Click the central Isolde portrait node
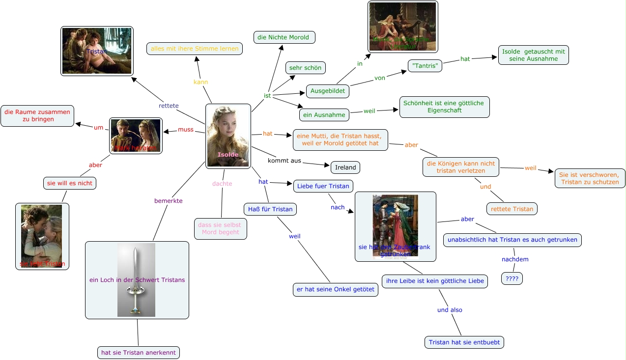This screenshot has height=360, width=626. pyautogui.click(x=228, y=136)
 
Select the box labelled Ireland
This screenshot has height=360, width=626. pyautogui.click(x=345, y=167)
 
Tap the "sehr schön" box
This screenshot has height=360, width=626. pyautogui.click(x=306, y=68)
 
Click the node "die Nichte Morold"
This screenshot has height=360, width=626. pyautogui.click(x=284, y=37)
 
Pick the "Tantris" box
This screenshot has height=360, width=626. pyautogui.click(x=425, y=66)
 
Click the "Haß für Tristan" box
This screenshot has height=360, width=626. pyautogui.click(x=270, y=209)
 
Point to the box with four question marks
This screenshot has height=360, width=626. pyautogui.click(x=512, y=279)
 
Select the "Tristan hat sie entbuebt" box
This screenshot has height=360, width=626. pyautogui.click(x=464, y=342)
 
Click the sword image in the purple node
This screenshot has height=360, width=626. pyautogui.click(x=136, y=279)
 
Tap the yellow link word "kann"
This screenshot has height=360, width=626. pyautogui.click(x=200, y=82)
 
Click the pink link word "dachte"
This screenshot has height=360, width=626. pyautogui.click(x=222, y=184)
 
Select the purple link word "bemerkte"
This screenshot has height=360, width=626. pyautogui.click(x=169, y=201)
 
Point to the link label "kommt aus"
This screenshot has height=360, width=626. pyautogui.click(x=285, y=161)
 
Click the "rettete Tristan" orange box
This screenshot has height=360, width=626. pyautogui.click(x=512, y=209)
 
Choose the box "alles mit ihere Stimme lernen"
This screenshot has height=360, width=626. pyautogui.click(x=195, y=49)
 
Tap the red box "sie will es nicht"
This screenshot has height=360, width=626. pyautogui.click(x=69, y=183)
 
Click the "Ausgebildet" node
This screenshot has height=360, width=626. pyautogui.click(x=328, y=91)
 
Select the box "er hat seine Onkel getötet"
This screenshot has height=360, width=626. pyautogui.click(x=336, y=290)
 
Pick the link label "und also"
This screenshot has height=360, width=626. pyautogui.click(x=450, y=310)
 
